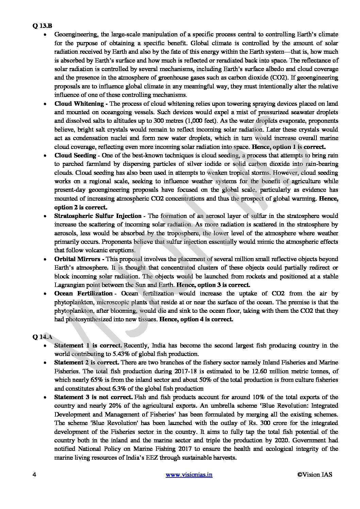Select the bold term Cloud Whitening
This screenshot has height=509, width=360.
[79, 104]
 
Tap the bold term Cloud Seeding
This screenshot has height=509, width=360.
[75, 155]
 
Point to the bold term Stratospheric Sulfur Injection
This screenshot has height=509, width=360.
[98, 216]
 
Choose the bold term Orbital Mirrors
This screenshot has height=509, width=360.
[77, 259]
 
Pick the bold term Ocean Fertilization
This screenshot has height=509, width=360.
[83, 293]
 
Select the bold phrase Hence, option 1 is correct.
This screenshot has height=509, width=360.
[289, 147]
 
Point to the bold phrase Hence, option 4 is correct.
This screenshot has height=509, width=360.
[196, 319]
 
